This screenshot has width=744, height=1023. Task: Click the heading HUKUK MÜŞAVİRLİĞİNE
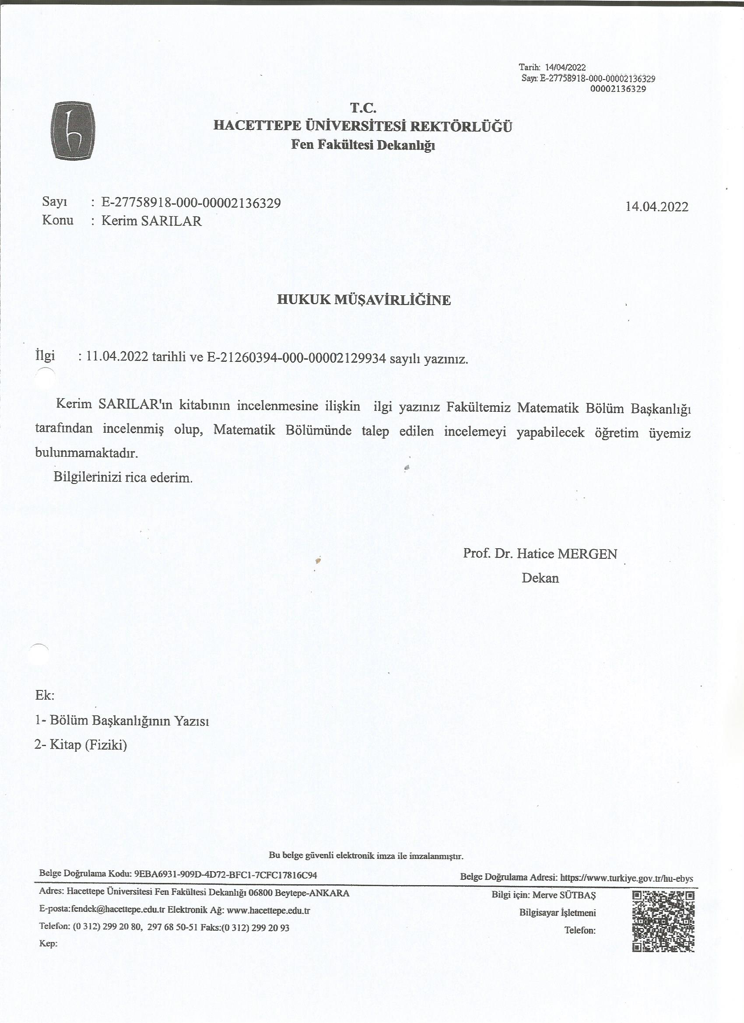pyautogui.click(x=364, y=300)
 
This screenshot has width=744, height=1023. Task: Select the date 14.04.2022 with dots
pyautogui.click(x=656, y=207)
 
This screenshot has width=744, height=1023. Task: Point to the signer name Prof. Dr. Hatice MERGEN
pyautogui.click(x=540, y=554)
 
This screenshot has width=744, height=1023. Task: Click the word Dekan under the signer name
pyautogui.click(x=540, y=578)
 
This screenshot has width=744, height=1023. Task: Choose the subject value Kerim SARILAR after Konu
pyautogui.click(x=151, y=221)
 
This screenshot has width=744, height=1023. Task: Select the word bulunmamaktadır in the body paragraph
pyautogui.click(x=86, y=453)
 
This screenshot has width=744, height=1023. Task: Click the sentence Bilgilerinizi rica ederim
pyautogui.click(x=123, y=477)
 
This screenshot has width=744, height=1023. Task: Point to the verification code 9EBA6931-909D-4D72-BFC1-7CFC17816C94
pyautogui.click(x=225, y=875)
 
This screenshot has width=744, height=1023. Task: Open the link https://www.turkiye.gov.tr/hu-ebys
pyautogui.click(x=626, y=878)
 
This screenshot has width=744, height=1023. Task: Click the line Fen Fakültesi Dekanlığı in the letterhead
pyautogui.click(x=363, y=145)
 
